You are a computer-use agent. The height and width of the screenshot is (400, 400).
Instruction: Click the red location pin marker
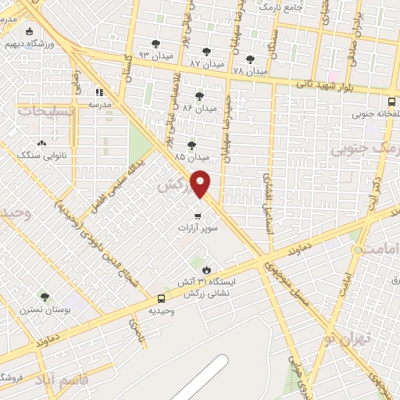pos(201,184)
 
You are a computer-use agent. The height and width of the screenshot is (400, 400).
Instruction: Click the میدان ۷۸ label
pos(250,70)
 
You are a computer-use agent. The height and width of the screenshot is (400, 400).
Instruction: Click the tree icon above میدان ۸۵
pos(191,145)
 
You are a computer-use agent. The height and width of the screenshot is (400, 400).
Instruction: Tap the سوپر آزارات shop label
pos(195,228)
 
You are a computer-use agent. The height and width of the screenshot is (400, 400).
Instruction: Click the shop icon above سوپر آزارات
pos(198,215)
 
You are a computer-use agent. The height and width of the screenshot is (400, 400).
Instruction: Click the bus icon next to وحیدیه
pos(161,298)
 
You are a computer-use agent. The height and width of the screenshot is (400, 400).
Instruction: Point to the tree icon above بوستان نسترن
pos(44,297)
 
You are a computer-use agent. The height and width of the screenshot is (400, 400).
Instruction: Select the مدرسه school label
pos(98,104)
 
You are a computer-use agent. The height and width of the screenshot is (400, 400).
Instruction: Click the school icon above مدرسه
pos(99,91)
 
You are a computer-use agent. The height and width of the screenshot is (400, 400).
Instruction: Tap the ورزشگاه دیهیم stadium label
pos(28,44)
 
